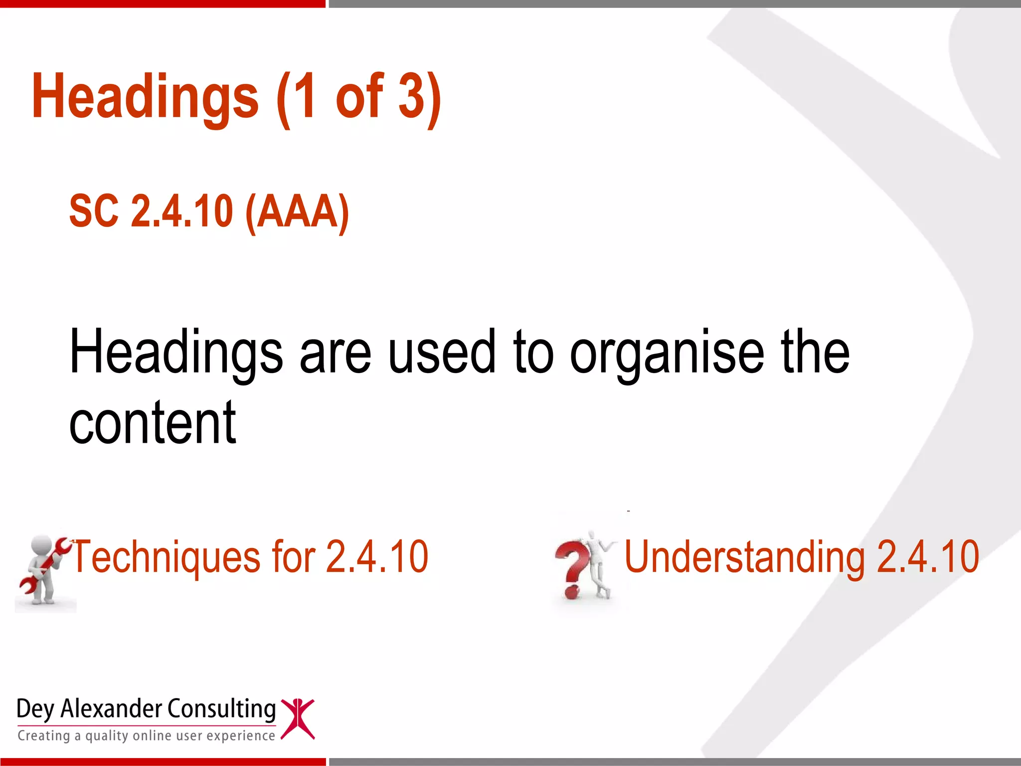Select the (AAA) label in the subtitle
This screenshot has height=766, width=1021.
pos(297,212)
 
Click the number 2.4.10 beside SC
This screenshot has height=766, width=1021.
pos(181,212)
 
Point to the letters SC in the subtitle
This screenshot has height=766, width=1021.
pos(94,212)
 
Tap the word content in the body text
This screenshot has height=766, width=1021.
pos(153,423)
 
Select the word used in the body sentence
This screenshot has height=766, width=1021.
pos(442,352)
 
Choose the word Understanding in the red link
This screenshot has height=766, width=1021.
pos(745,558)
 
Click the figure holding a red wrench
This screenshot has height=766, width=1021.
pos(44,571)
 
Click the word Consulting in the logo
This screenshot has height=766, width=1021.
pos(221,709)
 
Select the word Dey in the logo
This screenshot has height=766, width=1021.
pos(35,709)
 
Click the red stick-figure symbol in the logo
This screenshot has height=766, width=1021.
pos(298,719)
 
